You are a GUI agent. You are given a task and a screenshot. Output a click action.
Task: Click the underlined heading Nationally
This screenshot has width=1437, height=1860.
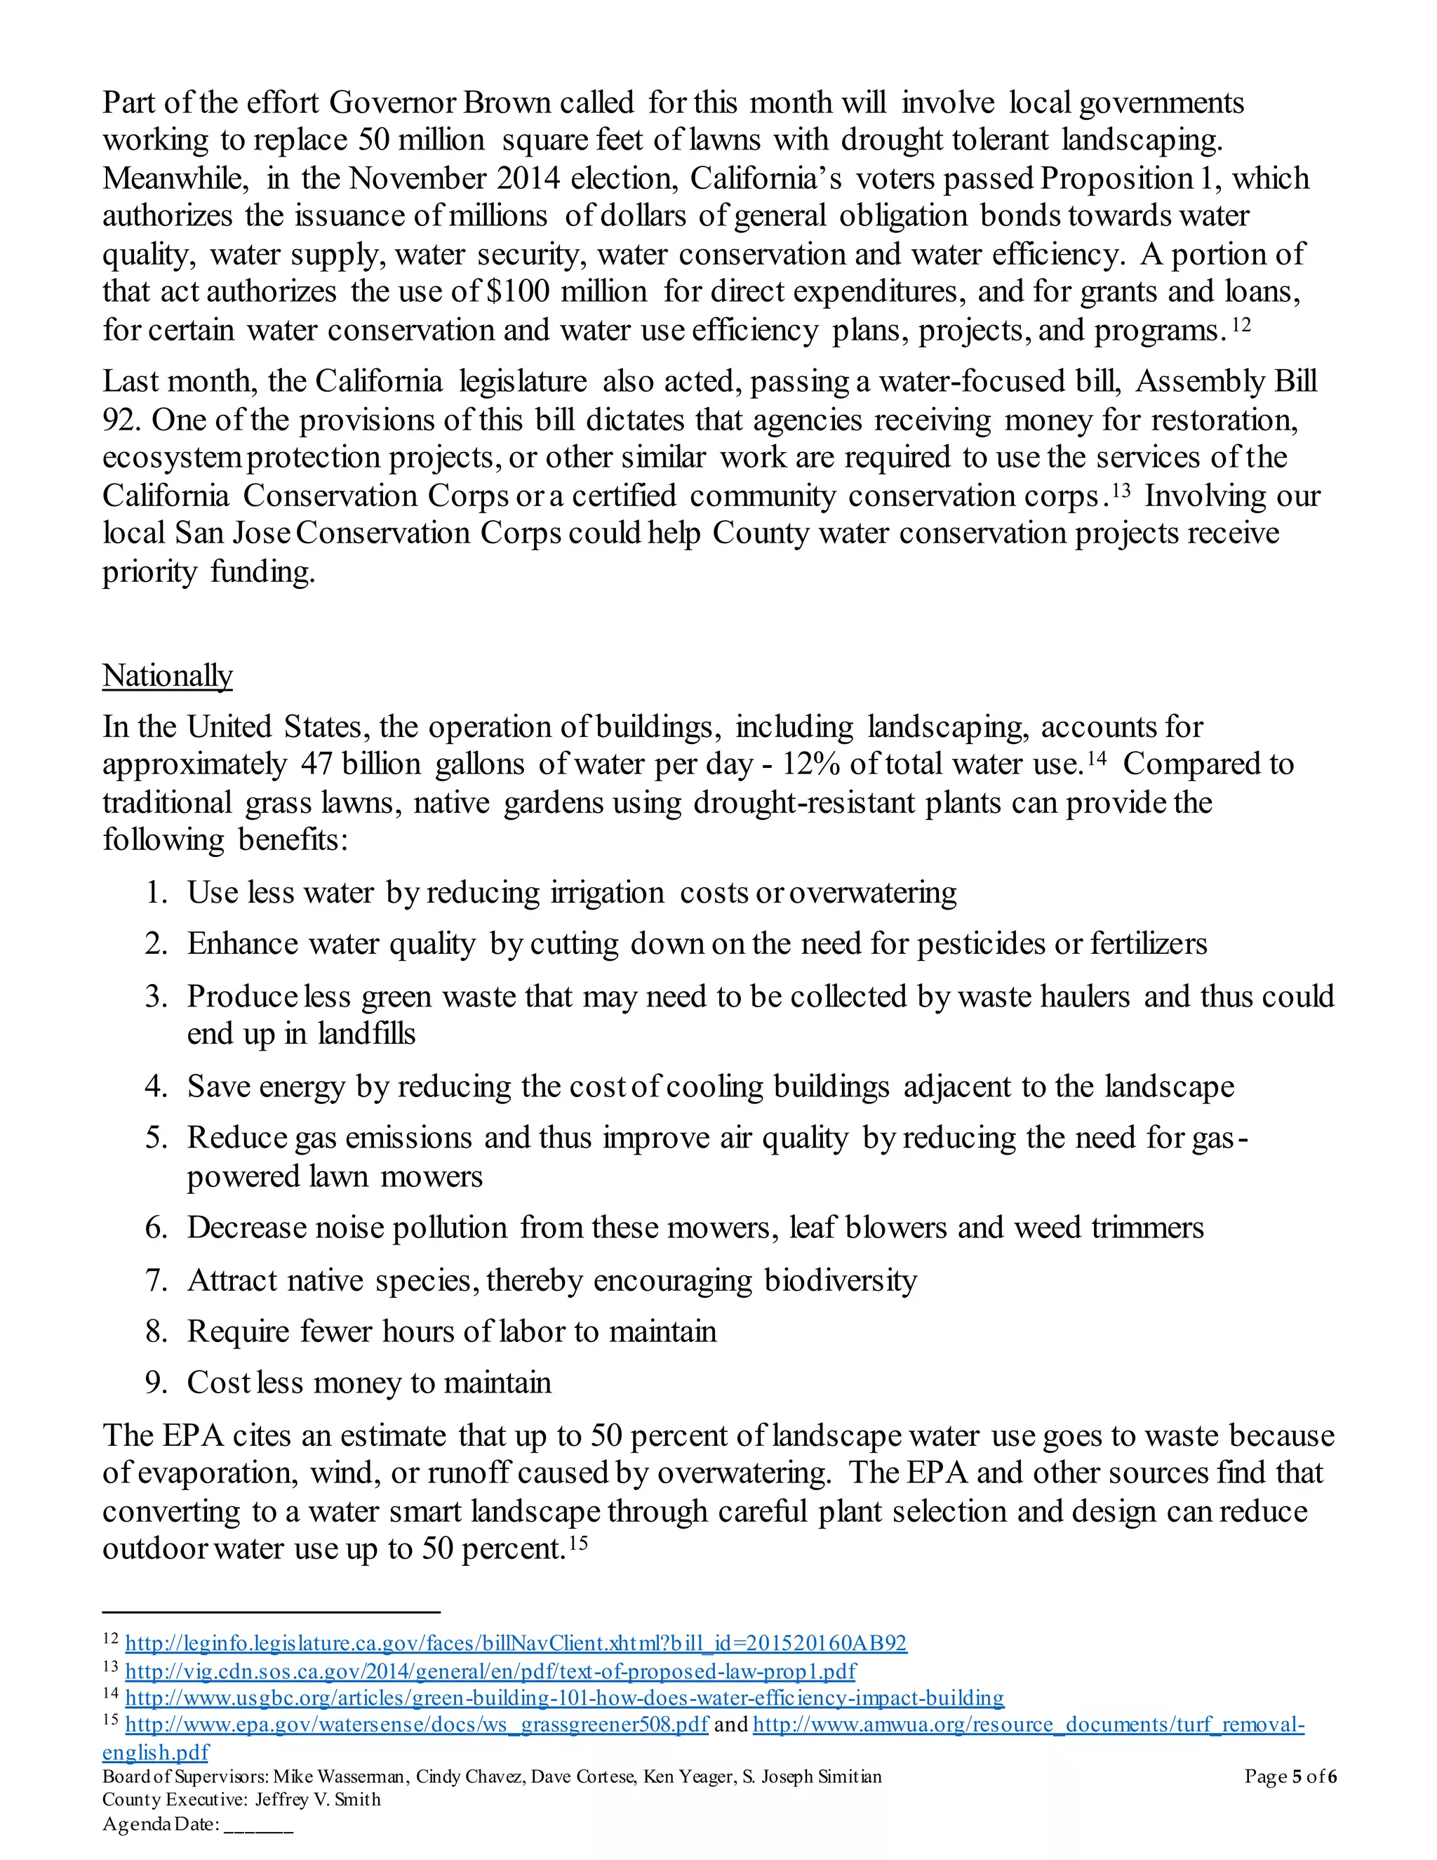pyautogui.click(x=167, y=675)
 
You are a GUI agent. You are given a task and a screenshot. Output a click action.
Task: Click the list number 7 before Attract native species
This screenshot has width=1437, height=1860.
pyautogui.click(x=156, y=1280)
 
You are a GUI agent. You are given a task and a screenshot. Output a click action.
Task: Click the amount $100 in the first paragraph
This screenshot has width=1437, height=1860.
pyautogui.click(x=518, y=291)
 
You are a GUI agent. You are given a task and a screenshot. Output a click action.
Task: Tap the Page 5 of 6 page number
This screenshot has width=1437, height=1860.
pyautogui.click(x=1290, y=1776)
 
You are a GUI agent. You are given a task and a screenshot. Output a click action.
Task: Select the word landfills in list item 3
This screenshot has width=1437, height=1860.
pyautogui.click(x=366, y=1034)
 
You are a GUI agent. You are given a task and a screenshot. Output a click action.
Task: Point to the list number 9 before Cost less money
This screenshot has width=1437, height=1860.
pyautogui.click(x=156, y=1382)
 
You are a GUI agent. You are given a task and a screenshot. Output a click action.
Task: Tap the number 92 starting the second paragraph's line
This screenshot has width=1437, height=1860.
pyautogui.click(x=119, y=420)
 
